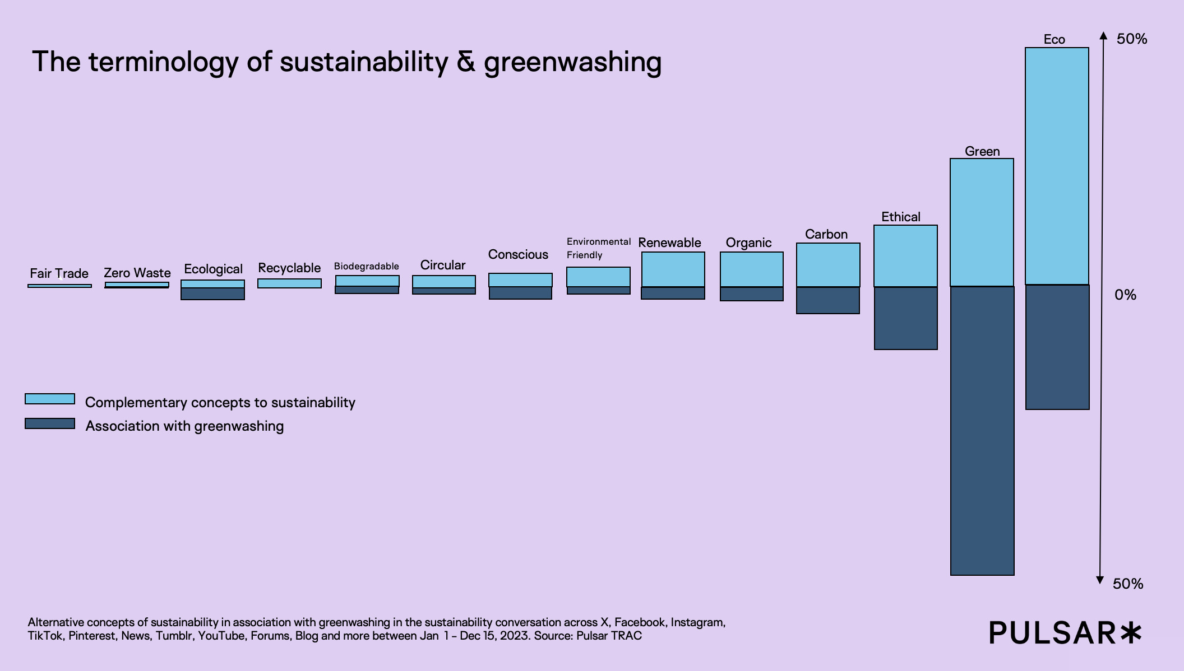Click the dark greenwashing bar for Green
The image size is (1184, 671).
(x=982, y=430)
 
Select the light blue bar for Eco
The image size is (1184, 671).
(x=1057, y=166)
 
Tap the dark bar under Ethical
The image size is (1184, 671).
(x=905, y=318)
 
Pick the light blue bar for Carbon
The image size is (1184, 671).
(x=828, y=264)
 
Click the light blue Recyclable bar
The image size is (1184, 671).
(x=289, y=283)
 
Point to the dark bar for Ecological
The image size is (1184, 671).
(x=212, y=294)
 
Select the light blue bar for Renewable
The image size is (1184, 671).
(x=673, y=269)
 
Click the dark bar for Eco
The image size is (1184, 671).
(x=1057, y=347)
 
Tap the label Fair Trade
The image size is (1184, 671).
(x=59, y=273)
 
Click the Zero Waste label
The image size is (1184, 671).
(x=137, y=273)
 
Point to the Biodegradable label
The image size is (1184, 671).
(x=367, y=266)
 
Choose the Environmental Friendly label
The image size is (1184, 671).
(x=598, y=248)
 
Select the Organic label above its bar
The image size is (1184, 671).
(x=748, y=243)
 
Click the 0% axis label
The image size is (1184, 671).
(x=1125, y=295)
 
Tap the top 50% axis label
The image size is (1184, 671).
(x=1132, y=39)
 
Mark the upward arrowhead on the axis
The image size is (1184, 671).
(x=1103, y=36)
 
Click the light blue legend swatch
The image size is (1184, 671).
(x=50, y=399)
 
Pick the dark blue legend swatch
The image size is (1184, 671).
(x=50, y=423)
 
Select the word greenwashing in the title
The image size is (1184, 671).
(x=572, y=62)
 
